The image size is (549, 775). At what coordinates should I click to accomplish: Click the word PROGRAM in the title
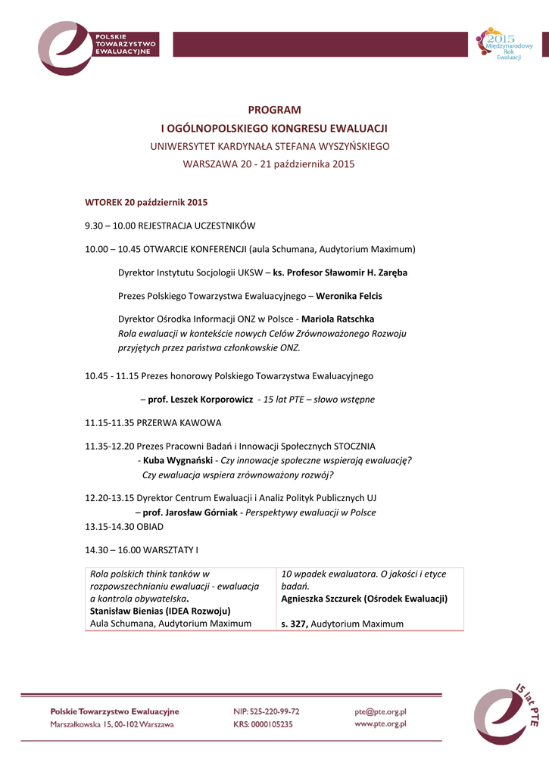pos(274,110)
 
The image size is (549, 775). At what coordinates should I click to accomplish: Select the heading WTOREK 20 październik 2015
pos(146,202)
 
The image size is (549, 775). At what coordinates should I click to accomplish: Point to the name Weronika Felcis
pos(349,296)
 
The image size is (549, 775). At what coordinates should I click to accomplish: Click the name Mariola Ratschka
pos(338,319)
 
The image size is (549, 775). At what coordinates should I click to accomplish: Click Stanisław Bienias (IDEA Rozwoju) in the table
pos(160,611)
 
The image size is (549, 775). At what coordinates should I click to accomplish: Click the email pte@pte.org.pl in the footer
pos(381,711)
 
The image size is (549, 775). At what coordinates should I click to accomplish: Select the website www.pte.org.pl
pos(381,724)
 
